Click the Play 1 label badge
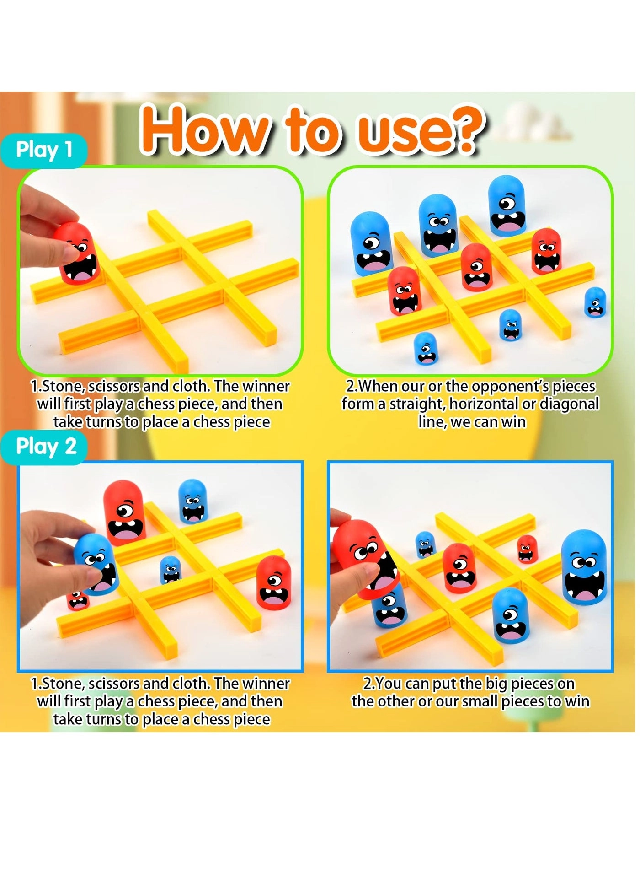tap(44, 150)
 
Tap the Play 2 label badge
tap(46, 447)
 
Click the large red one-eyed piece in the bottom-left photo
tap(124, 512)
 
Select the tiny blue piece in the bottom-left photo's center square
tap(171, 570)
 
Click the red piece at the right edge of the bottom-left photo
tap(273, 583)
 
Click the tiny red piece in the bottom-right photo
tap(527, 549)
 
